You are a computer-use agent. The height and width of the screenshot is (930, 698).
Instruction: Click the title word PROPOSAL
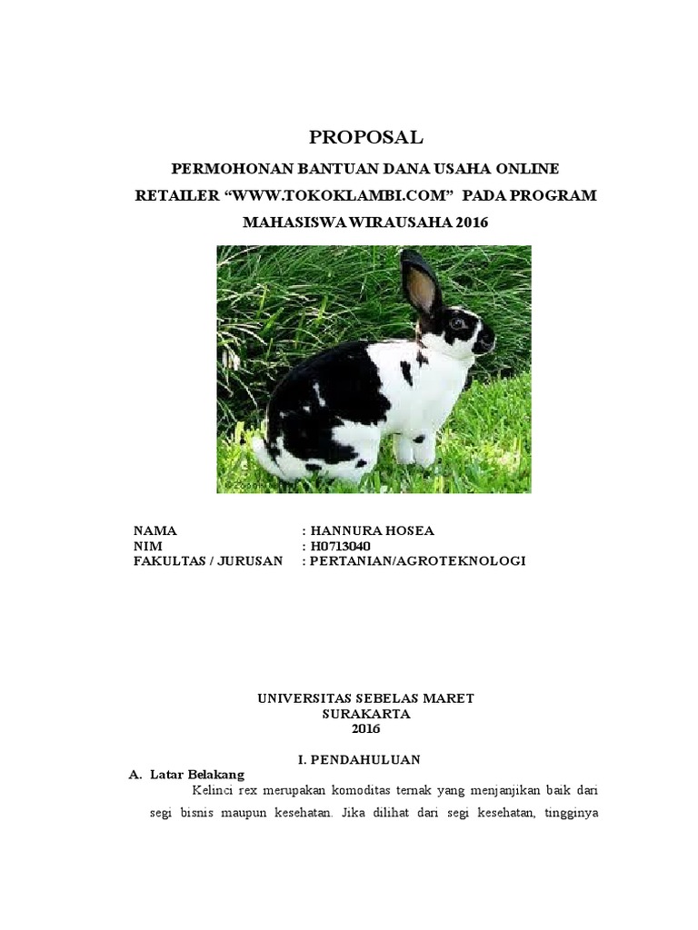366,138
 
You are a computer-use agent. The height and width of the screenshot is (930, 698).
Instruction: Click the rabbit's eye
455,322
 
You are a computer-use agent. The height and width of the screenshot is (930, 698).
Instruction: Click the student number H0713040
340,546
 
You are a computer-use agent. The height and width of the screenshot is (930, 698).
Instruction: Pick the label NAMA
155,530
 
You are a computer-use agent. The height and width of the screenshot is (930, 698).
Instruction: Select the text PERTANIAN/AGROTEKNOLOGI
418,561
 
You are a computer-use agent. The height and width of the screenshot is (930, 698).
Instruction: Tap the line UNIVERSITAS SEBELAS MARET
366,698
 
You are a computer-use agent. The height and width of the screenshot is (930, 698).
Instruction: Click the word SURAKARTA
366,714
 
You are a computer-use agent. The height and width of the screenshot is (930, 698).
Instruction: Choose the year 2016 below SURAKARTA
366,729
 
